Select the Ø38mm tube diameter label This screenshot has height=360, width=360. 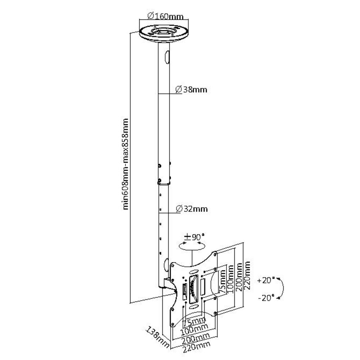tap(192, 90)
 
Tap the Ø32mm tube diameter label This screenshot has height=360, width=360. tap(192, 209)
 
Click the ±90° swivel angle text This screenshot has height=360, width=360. tap(194, 237)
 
